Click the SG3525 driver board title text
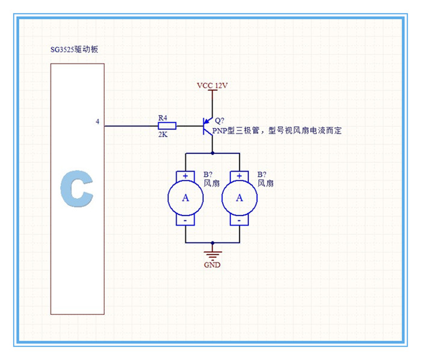(74, 49)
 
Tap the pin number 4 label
(97, 122)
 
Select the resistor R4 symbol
(167, 126)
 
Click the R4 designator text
(162, 117)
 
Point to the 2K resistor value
(162, 135)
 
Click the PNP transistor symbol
(207, 126)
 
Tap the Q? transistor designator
(219, 120)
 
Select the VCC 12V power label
(212, 85)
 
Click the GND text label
(212, 265)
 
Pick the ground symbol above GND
(212, 253)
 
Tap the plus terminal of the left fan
(185, 176)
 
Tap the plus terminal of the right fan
(239, 176)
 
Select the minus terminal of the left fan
(185, 220)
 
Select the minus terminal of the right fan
(239, 220)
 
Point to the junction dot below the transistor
(212, 154)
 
